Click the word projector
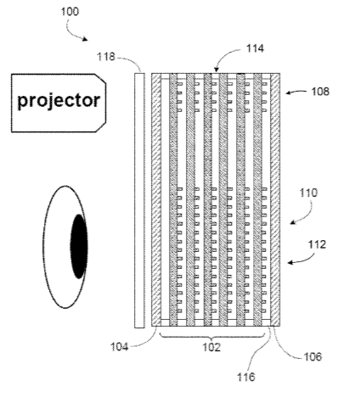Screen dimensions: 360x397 point(59,101)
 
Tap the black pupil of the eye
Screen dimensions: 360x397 point(79,246)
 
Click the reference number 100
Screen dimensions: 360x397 point(70,12)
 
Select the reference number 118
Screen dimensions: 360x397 point(106,57)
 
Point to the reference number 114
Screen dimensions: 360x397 point(255,48)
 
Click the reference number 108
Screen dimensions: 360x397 point(320,92)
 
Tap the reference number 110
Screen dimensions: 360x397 point(308,193)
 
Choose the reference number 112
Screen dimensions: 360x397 point(317,244)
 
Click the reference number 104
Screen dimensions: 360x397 point(119,347)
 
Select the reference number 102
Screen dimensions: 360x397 point(211,347)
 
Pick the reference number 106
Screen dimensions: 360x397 point(312,357)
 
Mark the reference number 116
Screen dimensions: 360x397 point(246,377)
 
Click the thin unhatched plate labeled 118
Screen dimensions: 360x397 point(139,200)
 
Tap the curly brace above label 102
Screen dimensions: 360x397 point(212,337)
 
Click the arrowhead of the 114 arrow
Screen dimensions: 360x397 point(217,70)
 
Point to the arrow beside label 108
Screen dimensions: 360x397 point(296,92)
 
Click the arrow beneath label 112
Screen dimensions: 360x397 point(304,260)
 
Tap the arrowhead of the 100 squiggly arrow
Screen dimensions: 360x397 point(85,39)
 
